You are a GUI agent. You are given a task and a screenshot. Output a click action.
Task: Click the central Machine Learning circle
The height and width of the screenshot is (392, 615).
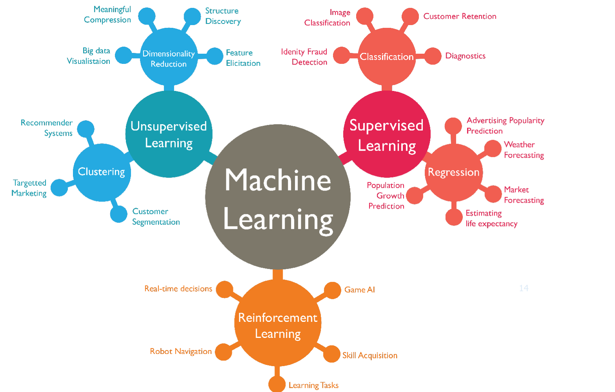[x=278, y=197]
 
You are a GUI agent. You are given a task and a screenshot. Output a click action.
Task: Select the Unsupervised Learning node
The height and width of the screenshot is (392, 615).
[x=169, y=134]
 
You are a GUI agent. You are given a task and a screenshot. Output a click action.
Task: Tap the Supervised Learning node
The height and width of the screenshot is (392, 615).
[x=387, y=134]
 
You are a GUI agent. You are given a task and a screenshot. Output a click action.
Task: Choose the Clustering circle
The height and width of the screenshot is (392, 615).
[x=102, y=172]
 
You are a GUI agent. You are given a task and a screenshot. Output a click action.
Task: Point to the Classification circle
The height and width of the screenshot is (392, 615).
[x=387, y=56]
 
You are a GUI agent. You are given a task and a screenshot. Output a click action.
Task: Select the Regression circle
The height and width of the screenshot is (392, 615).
[x=454, y=172]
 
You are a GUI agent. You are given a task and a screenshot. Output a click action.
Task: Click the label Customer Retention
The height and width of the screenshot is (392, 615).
[x=460, y=16]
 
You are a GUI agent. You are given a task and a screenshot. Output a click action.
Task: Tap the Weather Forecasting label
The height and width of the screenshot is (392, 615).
[x=524, y=150]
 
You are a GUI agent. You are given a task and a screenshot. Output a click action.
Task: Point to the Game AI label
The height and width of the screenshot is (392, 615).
[x=359, y=290]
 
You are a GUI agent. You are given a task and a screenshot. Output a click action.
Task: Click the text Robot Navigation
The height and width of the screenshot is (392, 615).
[x=181, y=351]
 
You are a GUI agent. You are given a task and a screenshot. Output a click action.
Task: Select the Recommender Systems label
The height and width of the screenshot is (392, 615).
[x=47, y=128]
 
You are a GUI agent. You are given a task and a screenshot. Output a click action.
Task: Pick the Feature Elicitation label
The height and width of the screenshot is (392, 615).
[x=243, y=58]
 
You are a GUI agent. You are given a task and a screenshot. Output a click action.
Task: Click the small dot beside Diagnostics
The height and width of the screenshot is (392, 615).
[x=433, y=56]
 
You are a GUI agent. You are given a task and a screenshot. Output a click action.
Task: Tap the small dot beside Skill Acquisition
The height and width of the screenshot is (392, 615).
[x=331, y=354]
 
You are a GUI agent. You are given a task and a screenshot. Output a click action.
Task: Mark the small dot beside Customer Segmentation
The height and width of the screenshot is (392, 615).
[x=118, y=214]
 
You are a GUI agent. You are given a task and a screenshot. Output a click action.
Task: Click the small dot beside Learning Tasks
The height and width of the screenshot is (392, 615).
[x=277, y=384]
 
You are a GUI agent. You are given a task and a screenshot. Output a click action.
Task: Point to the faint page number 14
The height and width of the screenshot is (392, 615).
[x=524, y=288]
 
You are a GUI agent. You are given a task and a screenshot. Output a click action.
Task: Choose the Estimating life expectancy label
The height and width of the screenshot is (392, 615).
[x=491, y=218]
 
